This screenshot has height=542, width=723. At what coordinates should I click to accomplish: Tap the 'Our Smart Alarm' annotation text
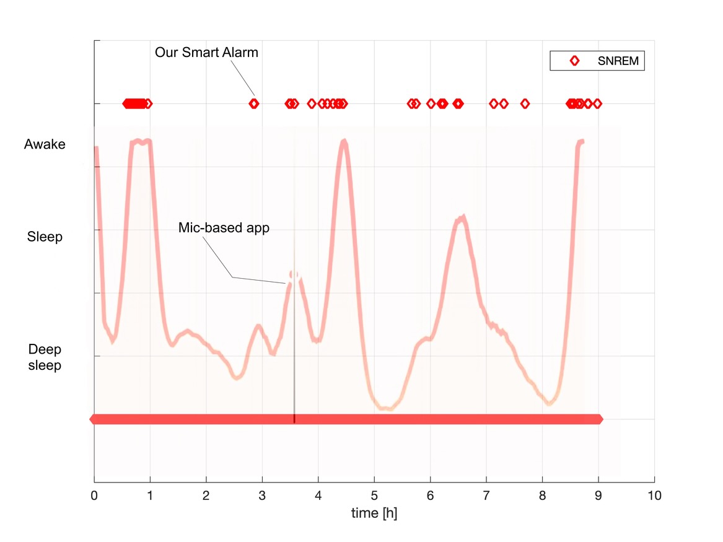coord(206,53)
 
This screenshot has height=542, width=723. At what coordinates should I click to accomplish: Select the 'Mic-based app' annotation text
coord(224,227)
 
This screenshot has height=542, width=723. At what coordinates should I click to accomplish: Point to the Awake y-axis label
coord(45,144)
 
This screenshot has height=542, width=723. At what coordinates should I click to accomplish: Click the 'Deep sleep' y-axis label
coord(45,357)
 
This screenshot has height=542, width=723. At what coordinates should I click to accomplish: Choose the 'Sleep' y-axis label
coord(45,237)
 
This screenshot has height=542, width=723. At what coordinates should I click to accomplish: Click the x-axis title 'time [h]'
coord(374,513)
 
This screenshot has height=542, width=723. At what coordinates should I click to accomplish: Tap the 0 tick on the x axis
coord(94,496)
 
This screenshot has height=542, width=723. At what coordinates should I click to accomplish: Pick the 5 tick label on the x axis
coord(374,496)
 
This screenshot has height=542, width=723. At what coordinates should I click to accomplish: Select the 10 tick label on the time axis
coord(654,496)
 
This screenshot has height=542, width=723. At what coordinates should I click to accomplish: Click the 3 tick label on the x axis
coord(262,496)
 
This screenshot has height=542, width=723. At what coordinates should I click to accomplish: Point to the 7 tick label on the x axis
coord(486,496)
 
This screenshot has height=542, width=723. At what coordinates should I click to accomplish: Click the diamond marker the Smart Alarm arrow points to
coord(253,103)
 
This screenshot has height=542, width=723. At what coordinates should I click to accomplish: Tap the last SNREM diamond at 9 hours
coord(597,103)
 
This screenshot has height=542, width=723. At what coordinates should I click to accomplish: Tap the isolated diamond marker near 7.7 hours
coord(525,103)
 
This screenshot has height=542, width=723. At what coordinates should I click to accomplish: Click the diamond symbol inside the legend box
coord(574,61)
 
